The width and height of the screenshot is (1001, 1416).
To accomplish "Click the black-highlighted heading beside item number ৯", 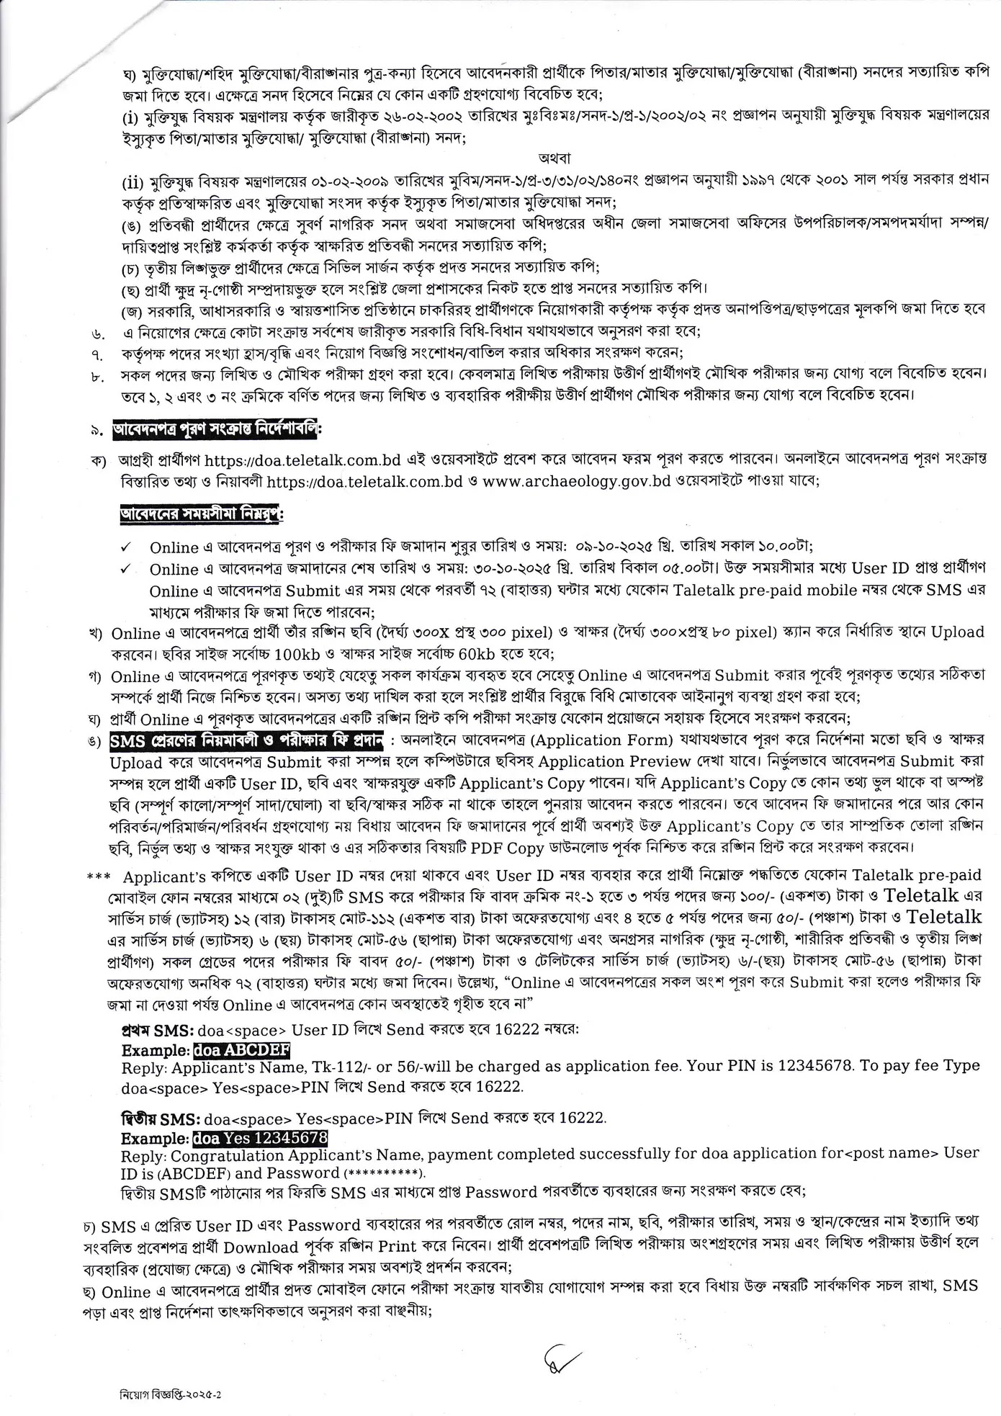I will [217, 430].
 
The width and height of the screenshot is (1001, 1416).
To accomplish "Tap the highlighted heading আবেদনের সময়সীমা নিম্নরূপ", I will [202, 516].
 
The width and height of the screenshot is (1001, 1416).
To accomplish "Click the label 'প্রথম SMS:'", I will [154, 1030].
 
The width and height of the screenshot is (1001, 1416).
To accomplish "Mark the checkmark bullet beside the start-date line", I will [126, 547].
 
